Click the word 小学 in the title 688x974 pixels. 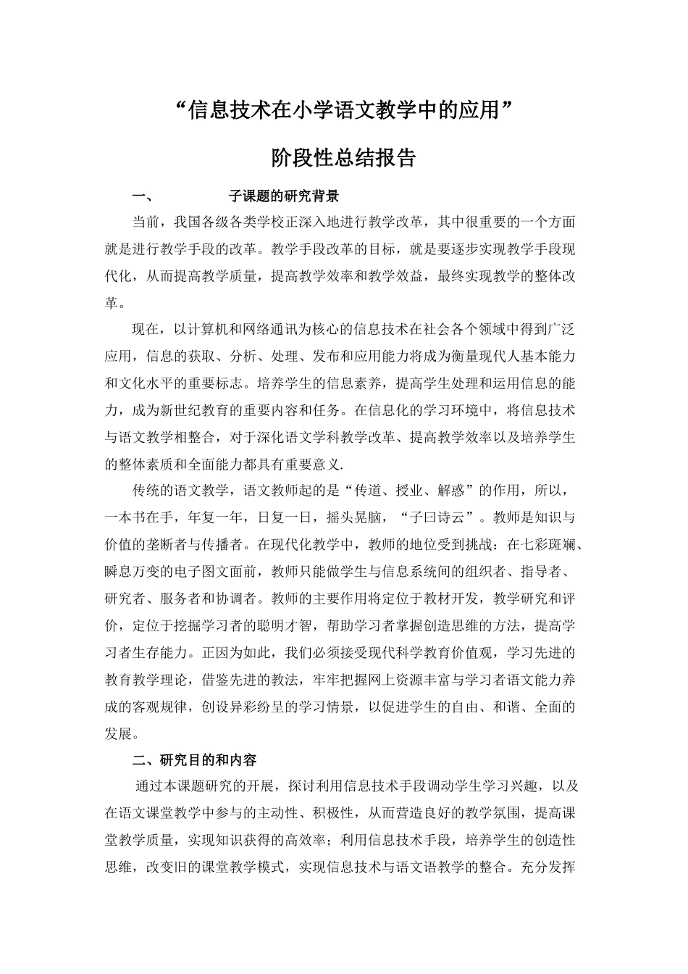[x=315, y=110]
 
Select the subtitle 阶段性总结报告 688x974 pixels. [x=343, y=158]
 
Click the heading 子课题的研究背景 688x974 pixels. [x=284, y=196]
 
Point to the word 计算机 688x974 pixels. [x=209, y=330]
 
